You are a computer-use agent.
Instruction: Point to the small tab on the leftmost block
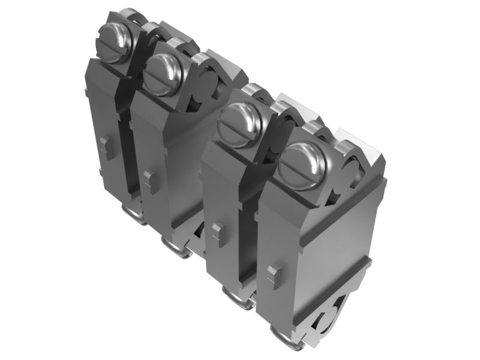[106, 145]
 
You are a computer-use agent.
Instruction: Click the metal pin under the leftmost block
[133, 213]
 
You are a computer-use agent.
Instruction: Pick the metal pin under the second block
[176, 245]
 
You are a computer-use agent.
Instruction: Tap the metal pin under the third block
[238, 297]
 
